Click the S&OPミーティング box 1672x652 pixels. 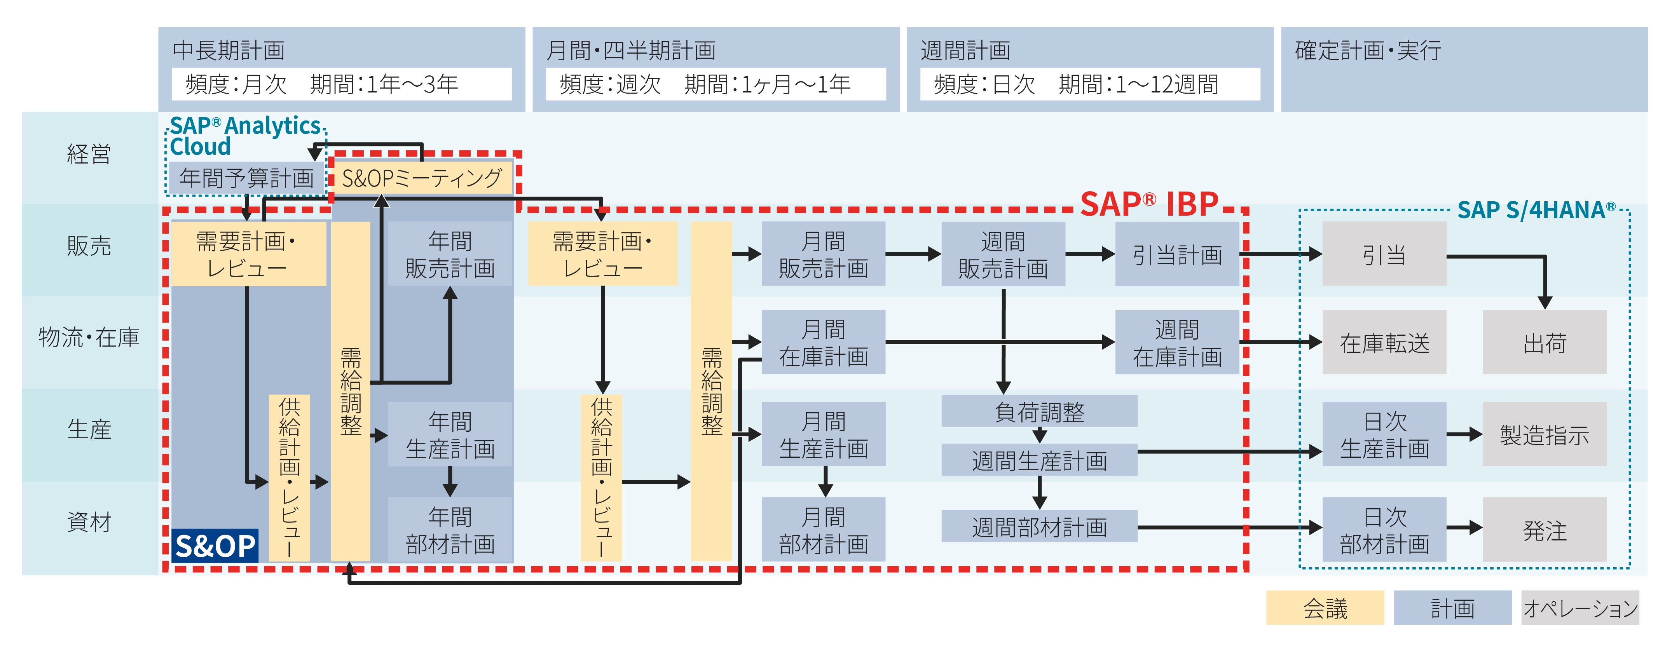pos(422,178)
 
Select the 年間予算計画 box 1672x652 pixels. pos(247,178)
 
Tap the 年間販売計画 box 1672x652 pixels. pos(450,255)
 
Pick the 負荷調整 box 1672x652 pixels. pos(1039,411)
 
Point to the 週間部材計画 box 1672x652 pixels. pos(1039,527)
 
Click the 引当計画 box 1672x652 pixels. pos(1177,255)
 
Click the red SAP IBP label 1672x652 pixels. pos(1149,204)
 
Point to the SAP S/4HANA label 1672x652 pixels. pos(1536,210)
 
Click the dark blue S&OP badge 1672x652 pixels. pos(215,546)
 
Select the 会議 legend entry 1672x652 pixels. pos(1325,608)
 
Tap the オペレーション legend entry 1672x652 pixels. pos(1580,608)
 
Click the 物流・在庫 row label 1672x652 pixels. pos(89,337)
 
